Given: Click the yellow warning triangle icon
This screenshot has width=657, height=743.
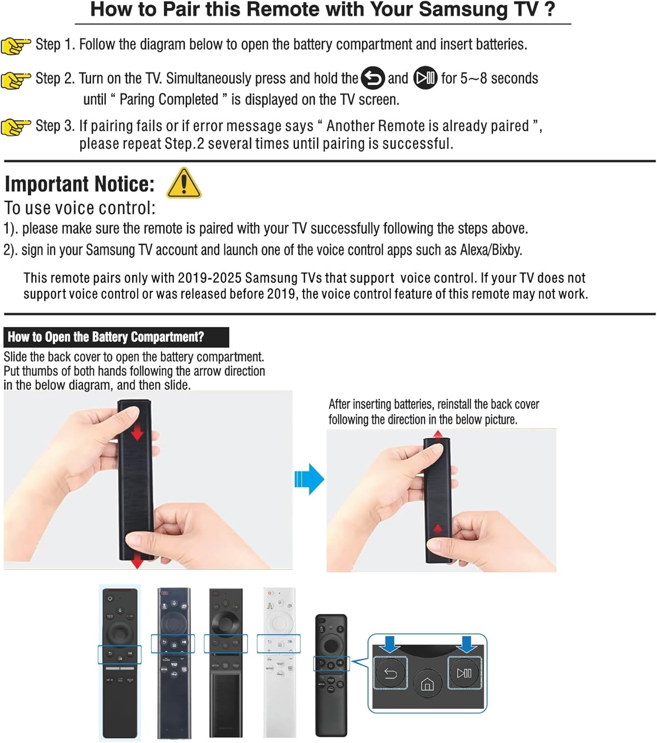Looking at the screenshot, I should (184, 183).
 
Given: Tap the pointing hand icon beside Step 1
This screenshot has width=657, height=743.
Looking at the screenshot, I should (16, 46).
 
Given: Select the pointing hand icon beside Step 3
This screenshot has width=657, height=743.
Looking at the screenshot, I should (16, 127).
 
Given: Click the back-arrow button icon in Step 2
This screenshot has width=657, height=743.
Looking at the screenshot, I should (373, 78).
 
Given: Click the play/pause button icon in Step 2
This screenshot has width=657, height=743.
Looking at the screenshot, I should (425, 78).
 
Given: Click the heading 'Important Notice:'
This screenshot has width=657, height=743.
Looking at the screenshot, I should (80, 184).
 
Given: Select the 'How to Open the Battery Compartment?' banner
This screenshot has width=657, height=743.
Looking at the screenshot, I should (116, 337).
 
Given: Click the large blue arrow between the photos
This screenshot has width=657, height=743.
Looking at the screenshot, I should (309, 479).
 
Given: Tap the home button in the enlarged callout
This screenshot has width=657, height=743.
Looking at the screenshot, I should (427, 685).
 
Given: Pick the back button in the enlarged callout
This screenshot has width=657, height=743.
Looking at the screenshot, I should (391, 673).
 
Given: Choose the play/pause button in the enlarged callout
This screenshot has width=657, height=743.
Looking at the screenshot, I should (464, 673).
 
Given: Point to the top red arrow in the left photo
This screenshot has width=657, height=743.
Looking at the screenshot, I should (137, 434).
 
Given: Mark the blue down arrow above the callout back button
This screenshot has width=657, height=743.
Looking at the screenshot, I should (391, 644).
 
